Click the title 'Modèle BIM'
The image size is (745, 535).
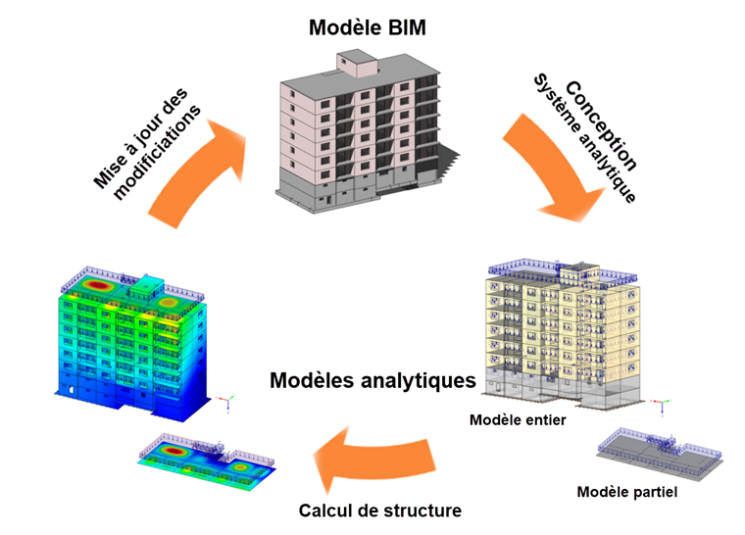[367, 26]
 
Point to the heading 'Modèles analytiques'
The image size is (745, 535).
[372, 379]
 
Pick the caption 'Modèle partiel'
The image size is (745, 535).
[627, 492]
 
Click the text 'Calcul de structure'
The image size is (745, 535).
[380, 511]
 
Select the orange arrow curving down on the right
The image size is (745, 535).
[559, 167]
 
